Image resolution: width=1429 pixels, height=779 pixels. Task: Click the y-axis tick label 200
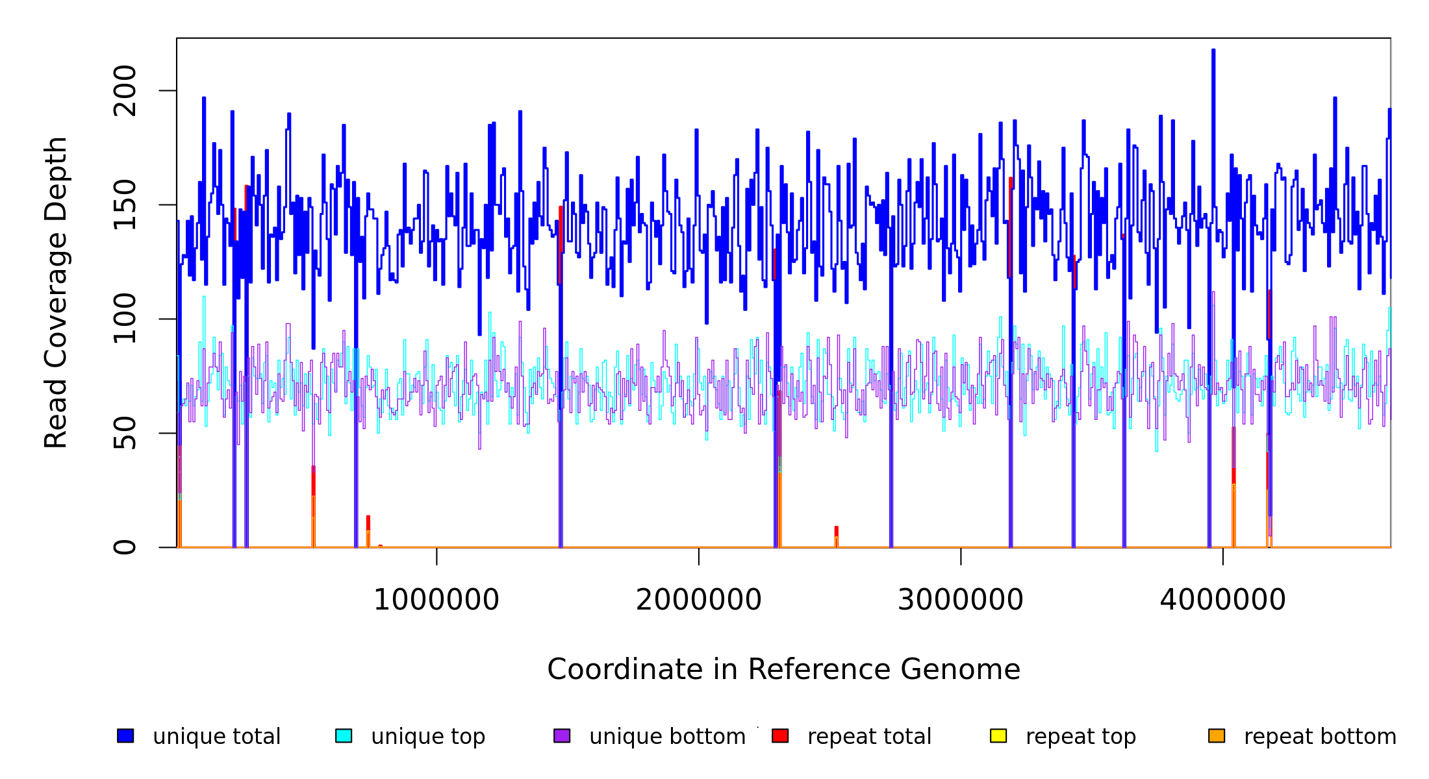pos(125,91)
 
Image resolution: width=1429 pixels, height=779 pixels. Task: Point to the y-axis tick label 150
pos(125,205)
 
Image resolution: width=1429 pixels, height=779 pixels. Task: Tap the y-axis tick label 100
pos(125,319)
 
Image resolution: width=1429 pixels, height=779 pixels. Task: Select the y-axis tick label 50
pos(125,433)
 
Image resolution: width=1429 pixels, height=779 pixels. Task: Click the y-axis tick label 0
pos(125,547)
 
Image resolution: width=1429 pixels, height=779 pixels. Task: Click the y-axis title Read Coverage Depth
pos(57,292)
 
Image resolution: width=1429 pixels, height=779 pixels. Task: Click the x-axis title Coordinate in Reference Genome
pos(783,670)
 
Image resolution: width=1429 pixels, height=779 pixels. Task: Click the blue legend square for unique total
pos(125,736)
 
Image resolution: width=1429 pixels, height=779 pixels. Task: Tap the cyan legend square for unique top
pos(344,736)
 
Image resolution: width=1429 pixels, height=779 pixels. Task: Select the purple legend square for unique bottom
pos(562,736)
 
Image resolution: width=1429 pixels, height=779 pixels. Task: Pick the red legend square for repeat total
pos(780,736)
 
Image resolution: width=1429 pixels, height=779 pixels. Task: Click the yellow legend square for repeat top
pos(998,736)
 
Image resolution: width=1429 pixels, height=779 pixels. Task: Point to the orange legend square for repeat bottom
pos(1217,736)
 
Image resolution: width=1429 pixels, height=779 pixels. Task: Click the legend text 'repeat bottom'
pos(1320,737)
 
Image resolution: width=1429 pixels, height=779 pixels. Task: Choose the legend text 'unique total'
pos(216,737)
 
